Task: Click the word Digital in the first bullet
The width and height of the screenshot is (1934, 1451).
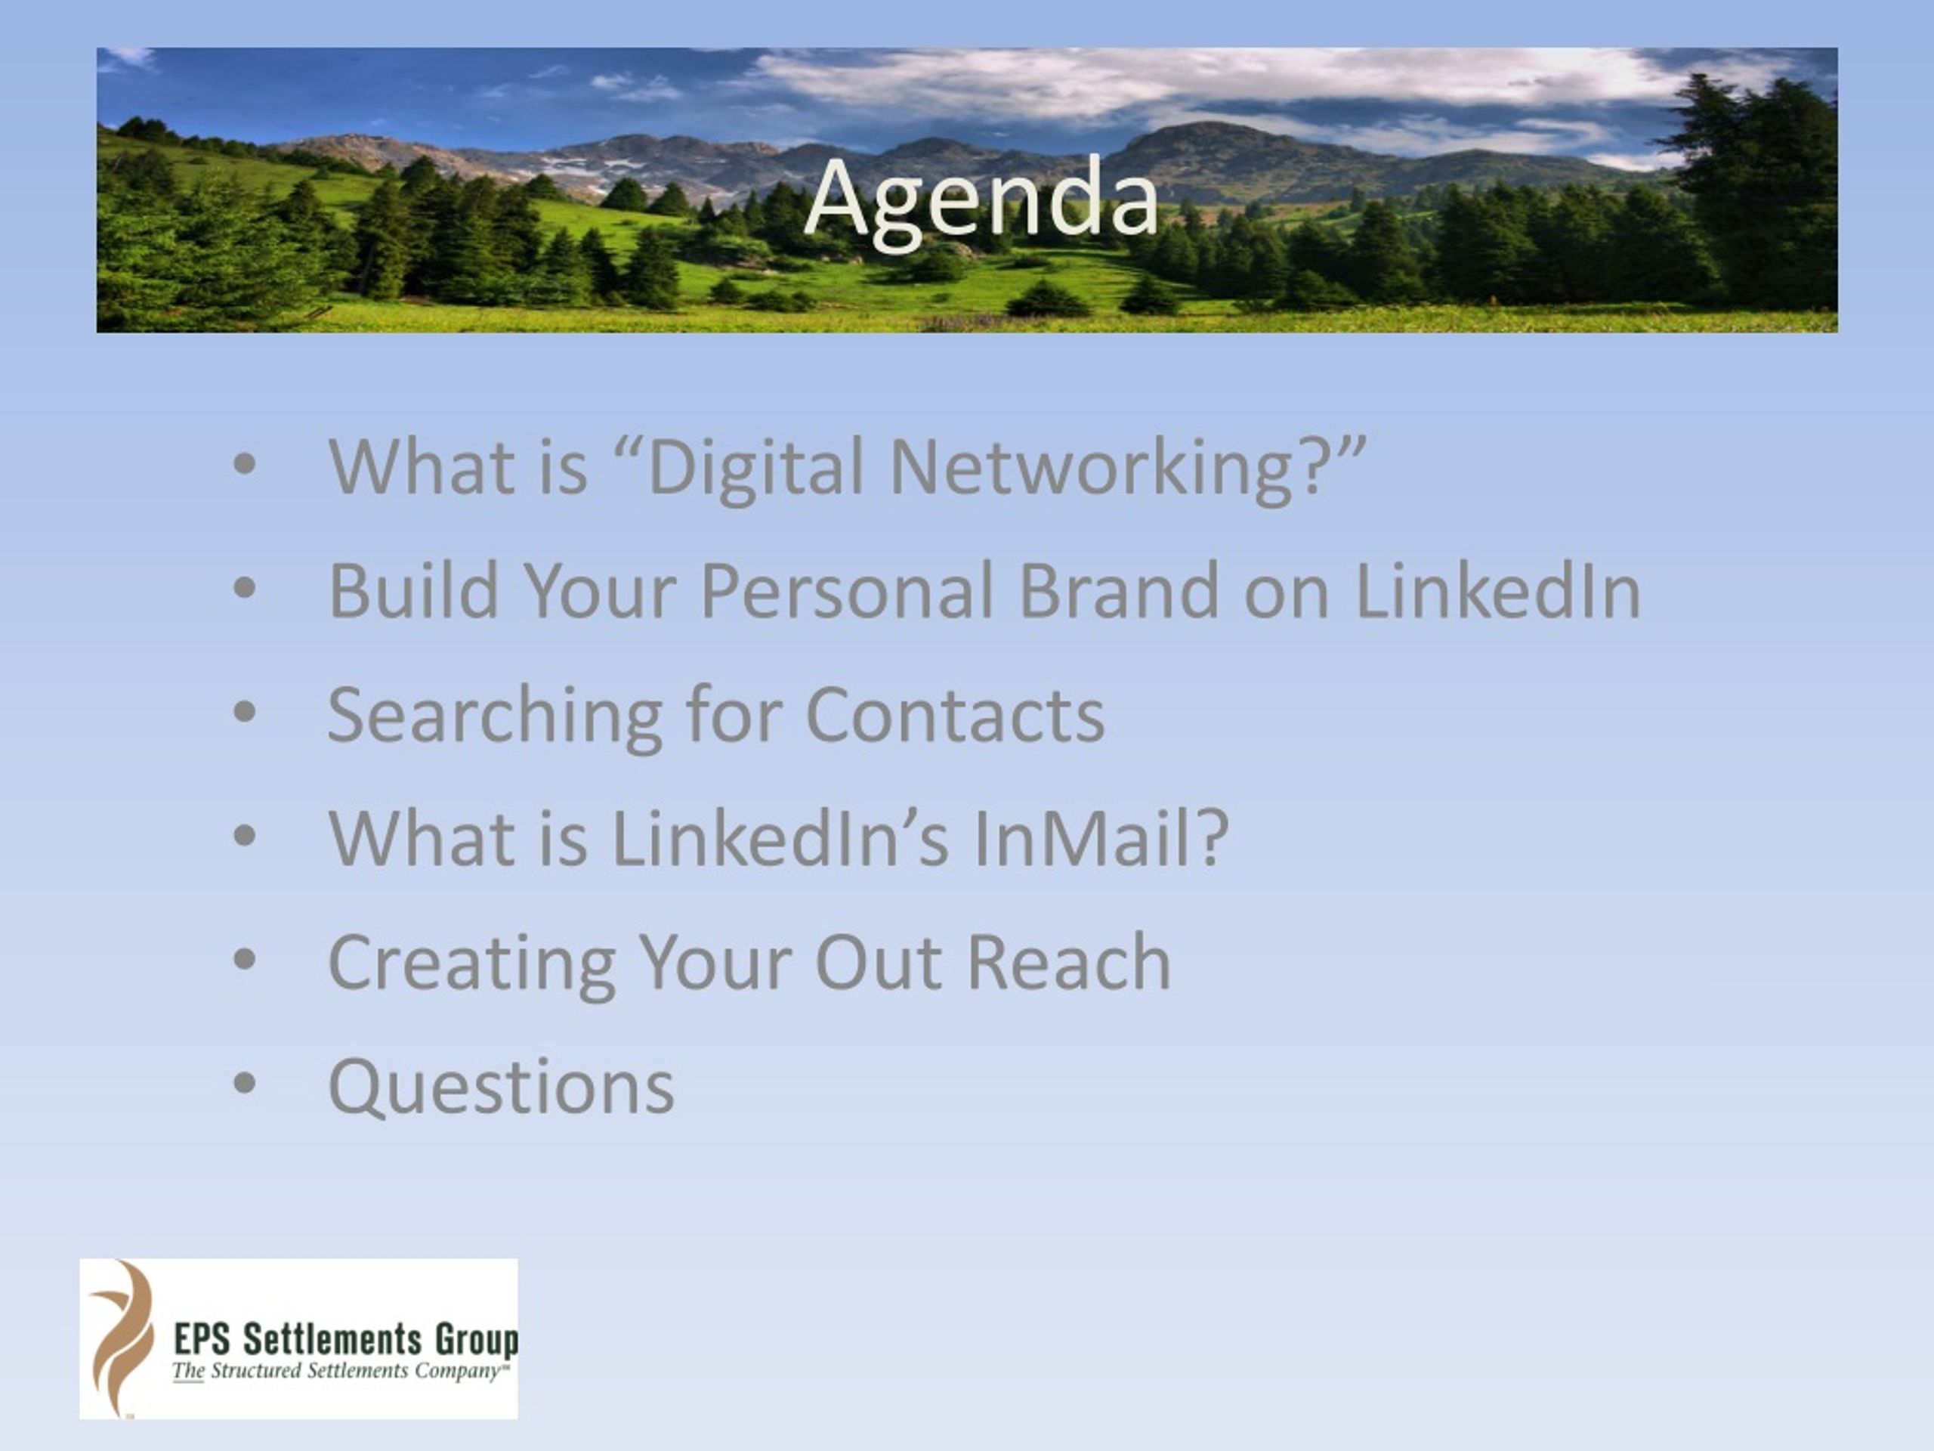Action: [x=756, y=469]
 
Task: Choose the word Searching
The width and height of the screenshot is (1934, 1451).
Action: [x=495, y=717]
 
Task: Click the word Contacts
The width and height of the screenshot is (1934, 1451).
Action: [x=955, y=716]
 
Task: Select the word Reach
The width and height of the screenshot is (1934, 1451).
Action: [x=1068, y=963]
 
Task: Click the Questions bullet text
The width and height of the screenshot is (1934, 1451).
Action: [x=501, y=1087]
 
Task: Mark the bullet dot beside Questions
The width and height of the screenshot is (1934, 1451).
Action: [x=245, y=1084]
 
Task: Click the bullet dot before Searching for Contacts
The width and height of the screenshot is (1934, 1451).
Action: [x=245, y=712]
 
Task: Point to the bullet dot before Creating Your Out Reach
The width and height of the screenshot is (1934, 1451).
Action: [x=245, y=960]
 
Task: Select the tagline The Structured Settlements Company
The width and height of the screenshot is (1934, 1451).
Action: [x=340, y=1372]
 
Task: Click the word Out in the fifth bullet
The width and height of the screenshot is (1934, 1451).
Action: [x=878, y=963]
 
